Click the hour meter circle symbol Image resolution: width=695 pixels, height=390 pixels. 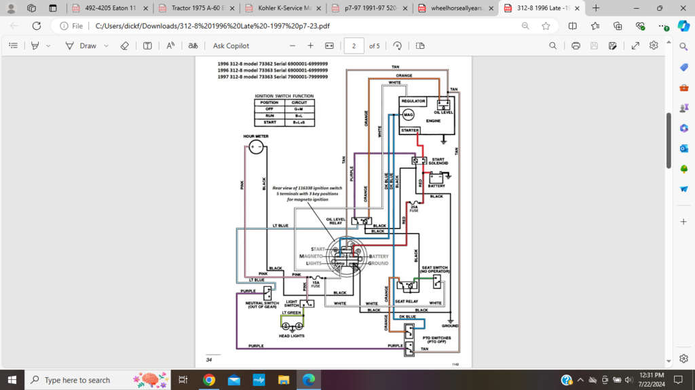tap(256, 147)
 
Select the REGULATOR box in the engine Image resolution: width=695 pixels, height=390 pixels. tap(413, 100)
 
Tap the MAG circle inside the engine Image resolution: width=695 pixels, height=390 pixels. tap(409, 115)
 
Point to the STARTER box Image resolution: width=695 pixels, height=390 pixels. tap(409, 130)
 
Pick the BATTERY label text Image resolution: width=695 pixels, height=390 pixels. tap(436, 186)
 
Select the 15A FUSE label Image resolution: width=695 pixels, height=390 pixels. tap(316, 285)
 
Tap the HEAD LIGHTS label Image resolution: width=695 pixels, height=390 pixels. tap(292, 336)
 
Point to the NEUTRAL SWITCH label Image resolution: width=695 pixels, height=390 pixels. tap(262, 305)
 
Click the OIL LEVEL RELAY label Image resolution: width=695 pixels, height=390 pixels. tap(336, 221)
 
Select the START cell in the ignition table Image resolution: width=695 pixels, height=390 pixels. tap(269, 122)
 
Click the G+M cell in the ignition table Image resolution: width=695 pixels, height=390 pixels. tap(299, 109)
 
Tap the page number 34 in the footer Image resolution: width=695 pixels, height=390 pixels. tap(209, 359)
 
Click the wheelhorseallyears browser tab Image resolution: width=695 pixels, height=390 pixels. tap(455, 8)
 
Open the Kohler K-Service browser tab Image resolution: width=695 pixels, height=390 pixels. tap(282, 8)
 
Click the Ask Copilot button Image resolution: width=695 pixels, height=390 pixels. tap(231, 45)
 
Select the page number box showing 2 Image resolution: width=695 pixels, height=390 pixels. tap(354, 45)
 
